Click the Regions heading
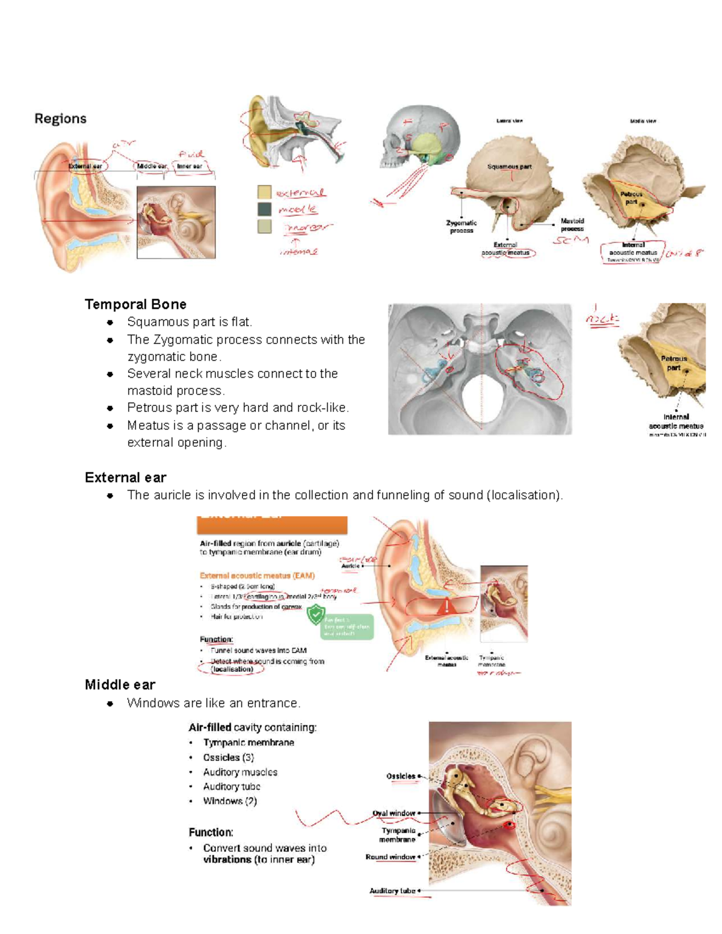coord(60,118)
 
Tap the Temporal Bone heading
coord(135,304)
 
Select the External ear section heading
coord(125,478)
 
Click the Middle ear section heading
coord(120,684)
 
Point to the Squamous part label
coord(509,167)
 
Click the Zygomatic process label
coord(461,226)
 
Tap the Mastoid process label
coord(572,224)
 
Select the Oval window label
coord(393,813)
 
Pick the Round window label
coord(390,856)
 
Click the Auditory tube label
coord(392,891)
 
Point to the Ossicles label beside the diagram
coord(401,776)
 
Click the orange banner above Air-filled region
coord(272,524)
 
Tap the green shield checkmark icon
coord(315,615)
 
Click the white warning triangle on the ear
coord(446,606)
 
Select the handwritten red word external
coord(300,193)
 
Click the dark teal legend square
coord(264,209)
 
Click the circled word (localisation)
coord(232,669)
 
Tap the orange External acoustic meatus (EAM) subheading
coord(257,576)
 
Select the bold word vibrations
coord(227,859)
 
